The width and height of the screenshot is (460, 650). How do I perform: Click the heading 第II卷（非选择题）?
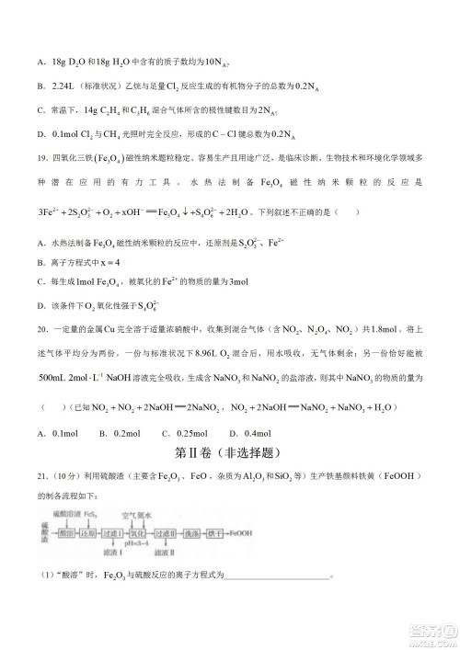tap(229, 453)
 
